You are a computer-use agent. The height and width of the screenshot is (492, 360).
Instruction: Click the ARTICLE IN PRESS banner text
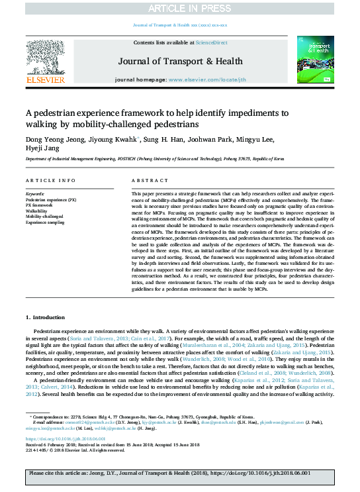coord(180,8)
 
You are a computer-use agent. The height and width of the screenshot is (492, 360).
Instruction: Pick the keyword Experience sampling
coord(46,222)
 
